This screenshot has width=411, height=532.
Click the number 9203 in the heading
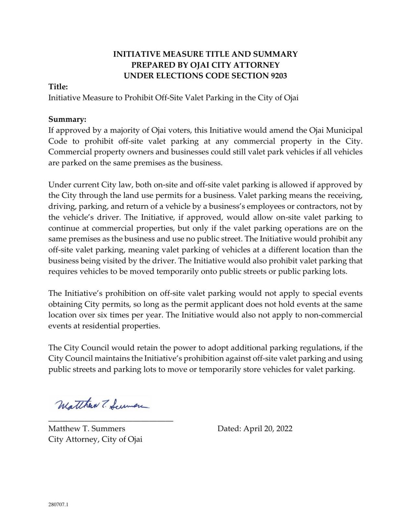pyautogui.click(x=279, y=76)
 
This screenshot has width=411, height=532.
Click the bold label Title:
pyautogui.click(x=58, y=87)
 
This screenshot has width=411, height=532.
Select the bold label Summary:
pyautogui.click(x=67, y=120)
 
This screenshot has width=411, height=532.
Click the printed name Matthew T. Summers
pyautogui.click(x=87, y=428)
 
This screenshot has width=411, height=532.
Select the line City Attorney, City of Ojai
pyautogui.click(x=95, y=439)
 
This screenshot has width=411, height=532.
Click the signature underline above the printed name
pyautogui.click(x=110, y=421)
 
